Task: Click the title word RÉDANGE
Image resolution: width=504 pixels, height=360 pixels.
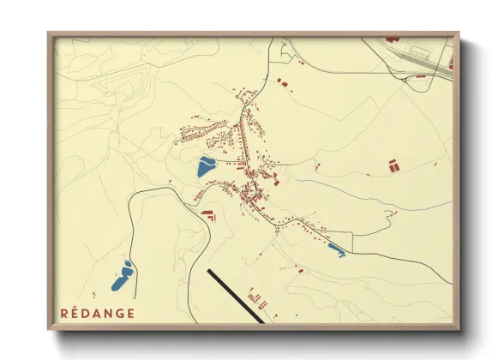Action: pos(97,312)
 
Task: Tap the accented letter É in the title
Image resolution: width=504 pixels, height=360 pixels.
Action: pos(74,312)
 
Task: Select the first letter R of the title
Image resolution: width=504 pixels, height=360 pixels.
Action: pos(64,312)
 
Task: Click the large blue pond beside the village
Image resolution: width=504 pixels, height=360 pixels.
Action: pos(206,165)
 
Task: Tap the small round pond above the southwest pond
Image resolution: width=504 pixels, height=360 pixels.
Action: pos(128,263)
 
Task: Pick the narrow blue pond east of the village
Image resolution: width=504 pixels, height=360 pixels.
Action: pos(336,250)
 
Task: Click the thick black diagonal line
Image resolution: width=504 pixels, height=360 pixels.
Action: pos(235,296)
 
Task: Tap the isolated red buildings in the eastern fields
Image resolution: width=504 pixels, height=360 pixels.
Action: pos(393,165)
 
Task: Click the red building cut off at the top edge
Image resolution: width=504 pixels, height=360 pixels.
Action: pos(393,39)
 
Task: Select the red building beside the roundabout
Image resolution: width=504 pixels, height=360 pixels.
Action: pos(419,76)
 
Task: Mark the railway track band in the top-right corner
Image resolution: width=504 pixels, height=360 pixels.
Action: pos(429,57)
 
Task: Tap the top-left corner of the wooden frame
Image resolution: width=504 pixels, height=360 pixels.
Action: pos(50,34)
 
